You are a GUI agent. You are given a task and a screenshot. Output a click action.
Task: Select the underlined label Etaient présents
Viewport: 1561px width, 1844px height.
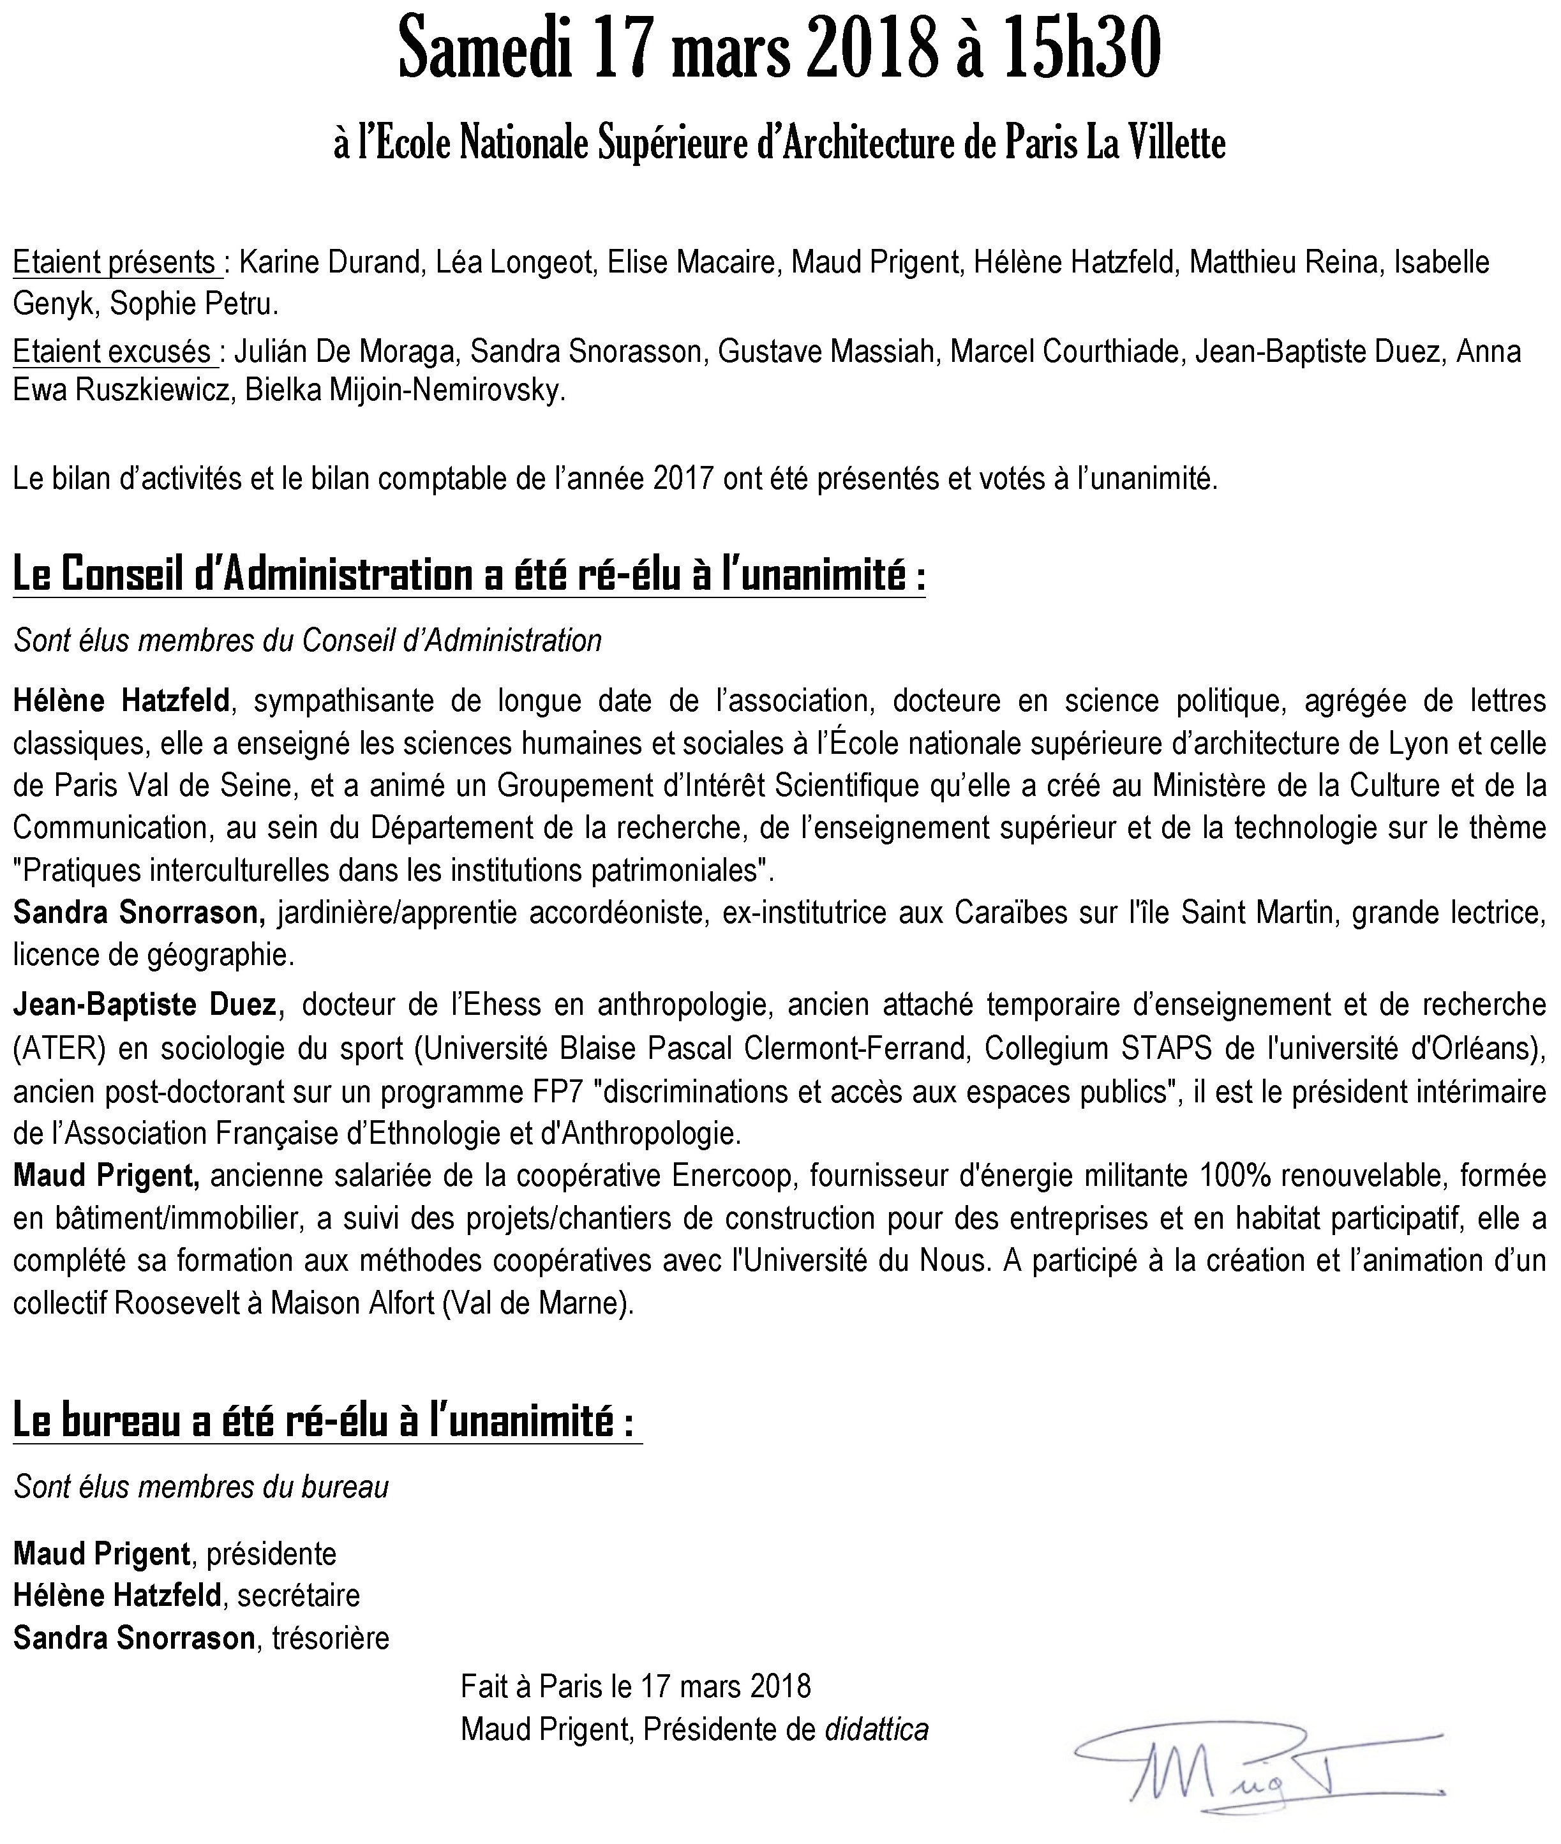pos(115,263)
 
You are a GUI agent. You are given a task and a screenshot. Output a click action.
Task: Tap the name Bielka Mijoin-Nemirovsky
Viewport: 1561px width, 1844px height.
pos(405,391)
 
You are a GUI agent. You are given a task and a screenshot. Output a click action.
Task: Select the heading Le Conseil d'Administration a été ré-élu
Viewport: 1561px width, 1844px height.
pos(469,576)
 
